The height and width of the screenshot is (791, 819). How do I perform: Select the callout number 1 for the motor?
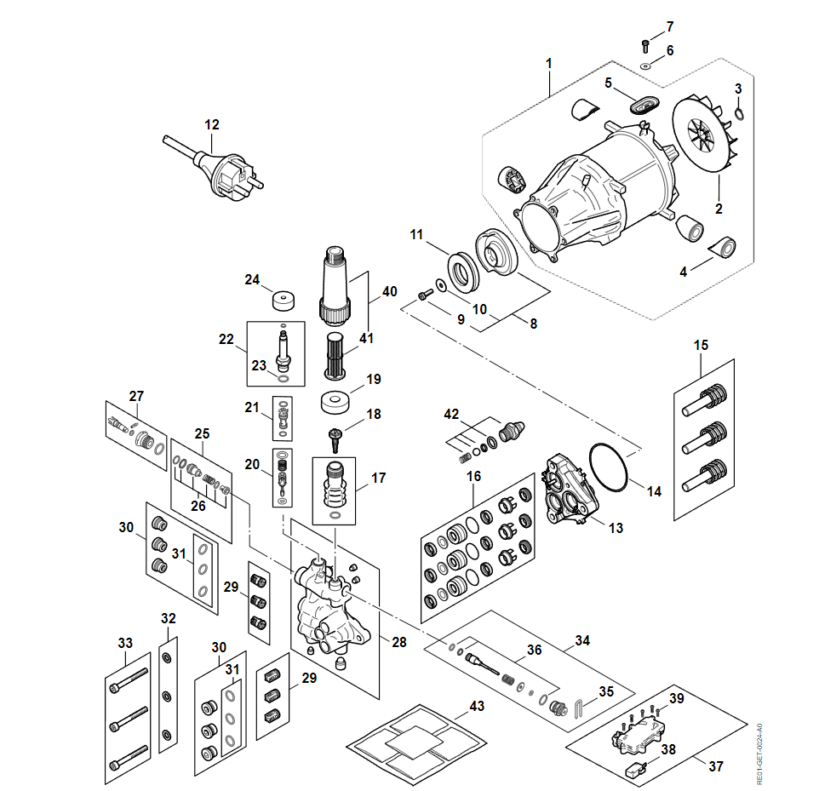pyautogui.click(x=549, y=63)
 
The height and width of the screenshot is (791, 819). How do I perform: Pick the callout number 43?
pyautogui.click(x=477, y=706)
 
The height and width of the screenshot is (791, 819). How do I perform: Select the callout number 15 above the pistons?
pyautogui.click(x=701, y=345)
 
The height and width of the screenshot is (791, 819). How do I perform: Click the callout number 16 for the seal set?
pyautogui.click(x=473, y=476)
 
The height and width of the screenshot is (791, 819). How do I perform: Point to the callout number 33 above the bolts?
pyautogui.click(x=125, y=641)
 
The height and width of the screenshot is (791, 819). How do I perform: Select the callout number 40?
pyautogui.click(x=390, y=290)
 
